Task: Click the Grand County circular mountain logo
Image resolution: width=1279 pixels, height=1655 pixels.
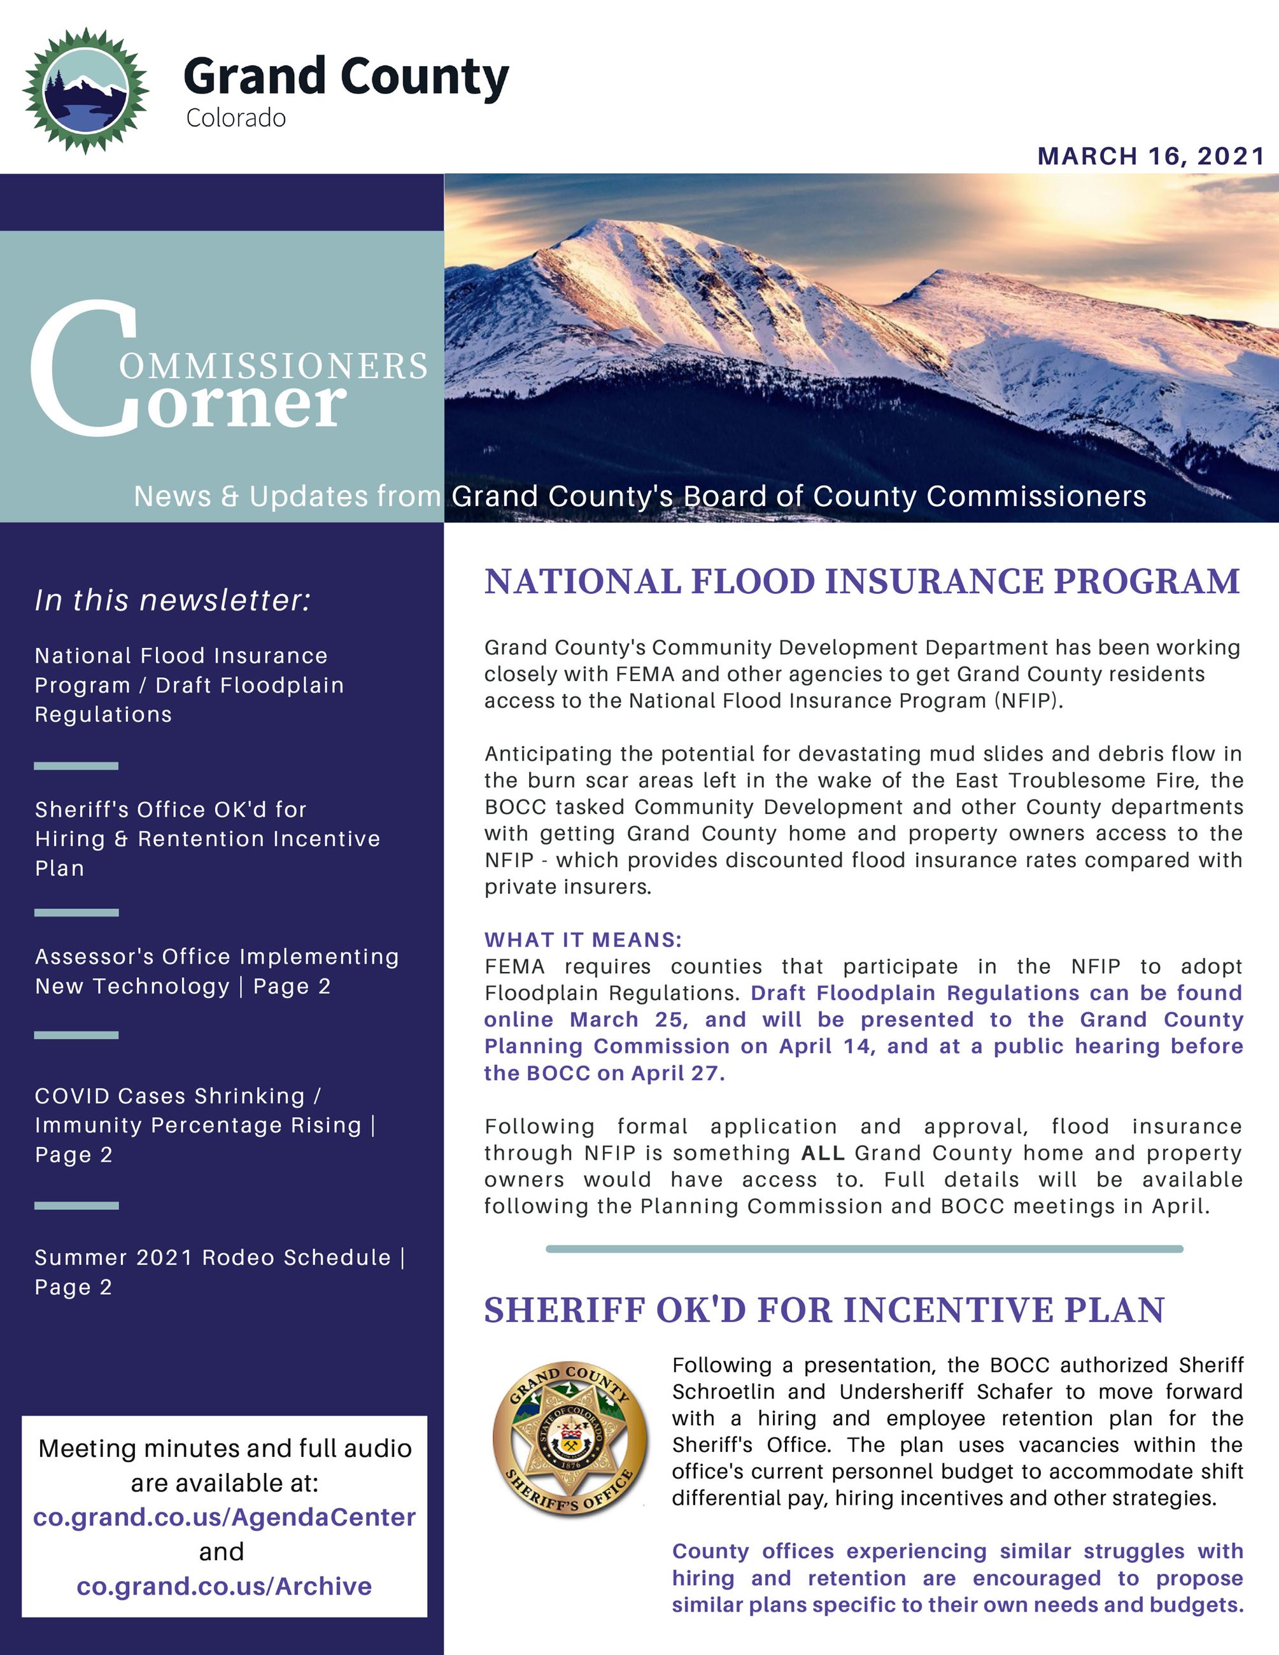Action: (x=85, y=91)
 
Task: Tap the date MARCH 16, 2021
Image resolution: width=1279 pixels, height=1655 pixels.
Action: (x=1150, y=156)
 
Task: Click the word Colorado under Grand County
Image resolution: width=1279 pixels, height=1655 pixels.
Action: (x=236, y=118)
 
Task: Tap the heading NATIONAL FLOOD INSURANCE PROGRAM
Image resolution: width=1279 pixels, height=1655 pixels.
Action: (x=861, y=582)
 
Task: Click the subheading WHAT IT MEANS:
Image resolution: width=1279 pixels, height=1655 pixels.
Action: (x=583, y=940)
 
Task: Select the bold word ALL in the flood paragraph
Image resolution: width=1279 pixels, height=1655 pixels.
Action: (x=822, y=1153)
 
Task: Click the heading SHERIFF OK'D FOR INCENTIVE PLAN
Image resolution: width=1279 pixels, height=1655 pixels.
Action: (x=824, y=1310)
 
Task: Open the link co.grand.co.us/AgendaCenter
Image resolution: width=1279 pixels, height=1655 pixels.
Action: (x=224, y=1517)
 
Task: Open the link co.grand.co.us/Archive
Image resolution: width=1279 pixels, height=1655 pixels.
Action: (x=224, y=1586)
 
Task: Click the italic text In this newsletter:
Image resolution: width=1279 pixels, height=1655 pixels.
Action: (x=173, y=600)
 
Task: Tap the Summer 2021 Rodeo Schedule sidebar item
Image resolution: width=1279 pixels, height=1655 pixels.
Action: (x=219, y=1272)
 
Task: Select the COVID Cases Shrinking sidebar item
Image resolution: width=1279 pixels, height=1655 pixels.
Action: (x=204, y=1125)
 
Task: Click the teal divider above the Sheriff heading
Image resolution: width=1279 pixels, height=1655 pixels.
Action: (x=864, y=1249)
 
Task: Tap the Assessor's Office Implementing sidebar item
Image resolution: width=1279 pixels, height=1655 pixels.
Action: (x=216, y=971)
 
